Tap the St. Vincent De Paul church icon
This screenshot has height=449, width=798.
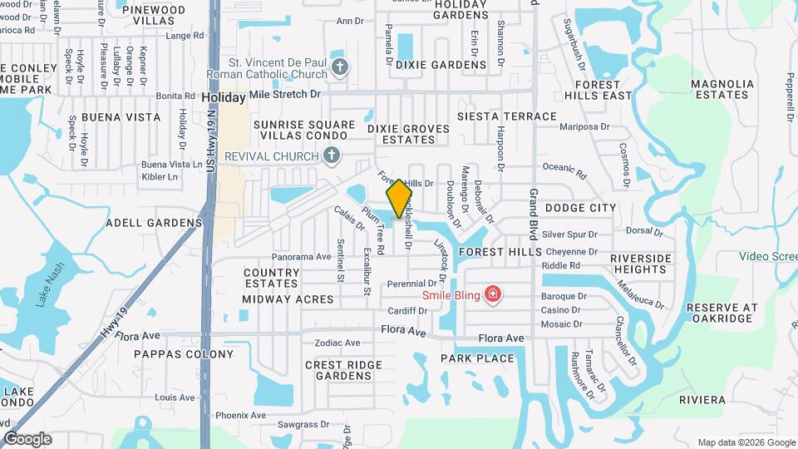point(339,68)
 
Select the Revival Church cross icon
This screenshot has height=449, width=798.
point(331,155)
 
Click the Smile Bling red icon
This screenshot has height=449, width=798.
point(493,294)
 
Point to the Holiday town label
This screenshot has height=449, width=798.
point(224,97)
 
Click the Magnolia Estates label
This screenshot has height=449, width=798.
point(720,89)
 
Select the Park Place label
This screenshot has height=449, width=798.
point(477,358)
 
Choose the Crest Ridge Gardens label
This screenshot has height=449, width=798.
point(343,370)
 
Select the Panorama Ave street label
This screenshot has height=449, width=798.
point(301,257)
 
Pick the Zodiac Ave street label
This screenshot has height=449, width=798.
point(337,343)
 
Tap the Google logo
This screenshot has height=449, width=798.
point(27,438)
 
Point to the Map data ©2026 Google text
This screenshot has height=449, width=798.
point(745,442)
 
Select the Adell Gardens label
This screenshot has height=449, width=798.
point(154,223)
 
